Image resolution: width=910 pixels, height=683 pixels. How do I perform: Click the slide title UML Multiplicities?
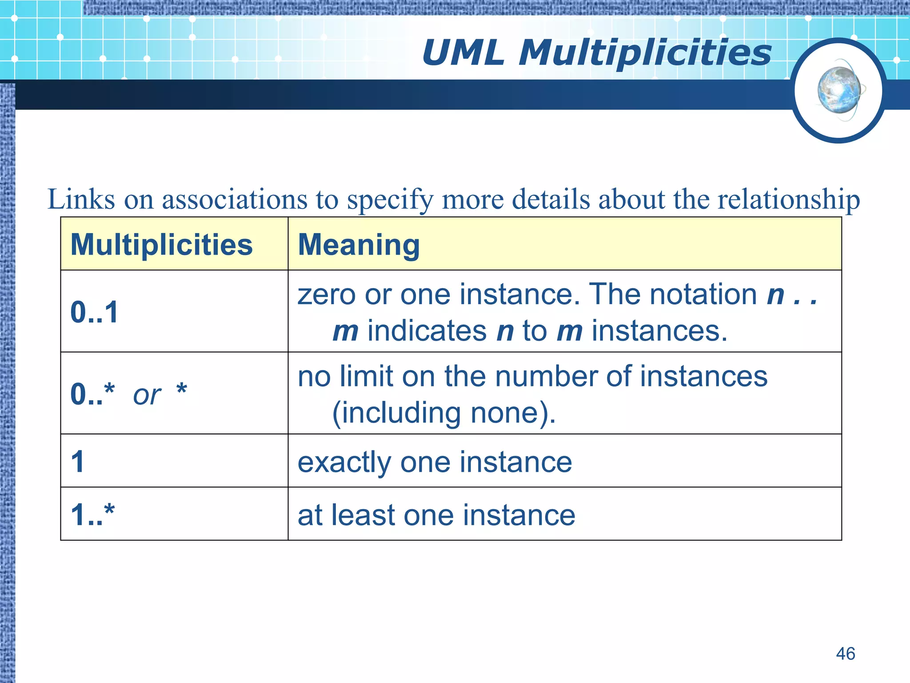click(596, 52)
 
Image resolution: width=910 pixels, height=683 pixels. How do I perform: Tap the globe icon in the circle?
click(839, 90)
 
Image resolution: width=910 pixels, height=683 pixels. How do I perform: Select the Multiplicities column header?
click(162, 245)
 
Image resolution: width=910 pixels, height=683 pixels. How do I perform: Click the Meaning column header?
click(359, 245)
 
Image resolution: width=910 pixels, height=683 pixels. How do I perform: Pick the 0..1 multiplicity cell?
click(95, 312)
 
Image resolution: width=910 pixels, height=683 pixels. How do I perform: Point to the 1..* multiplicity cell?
click(93, 514)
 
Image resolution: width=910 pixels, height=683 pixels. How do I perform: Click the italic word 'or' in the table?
click(147, 394)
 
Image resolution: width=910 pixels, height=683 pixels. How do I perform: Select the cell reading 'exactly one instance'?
click(435, 462)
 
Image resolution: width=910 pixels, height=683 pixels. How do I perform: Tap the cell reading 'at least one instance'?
click(436, 515)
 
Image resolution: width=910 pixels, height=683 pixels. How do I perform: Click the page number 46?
click(845, 654)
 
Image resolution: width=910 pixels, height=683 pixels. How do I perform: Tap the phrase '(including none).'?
click(443, 413)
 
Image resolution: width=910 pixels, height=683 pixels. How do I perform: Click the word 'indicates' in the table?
click(427, 331)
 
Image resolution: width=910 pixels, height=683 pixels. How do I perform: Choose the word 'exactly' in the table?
click(344, 462)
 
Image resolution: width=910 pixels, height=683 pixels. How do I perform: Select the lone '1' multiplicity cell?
click(78, 462)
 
